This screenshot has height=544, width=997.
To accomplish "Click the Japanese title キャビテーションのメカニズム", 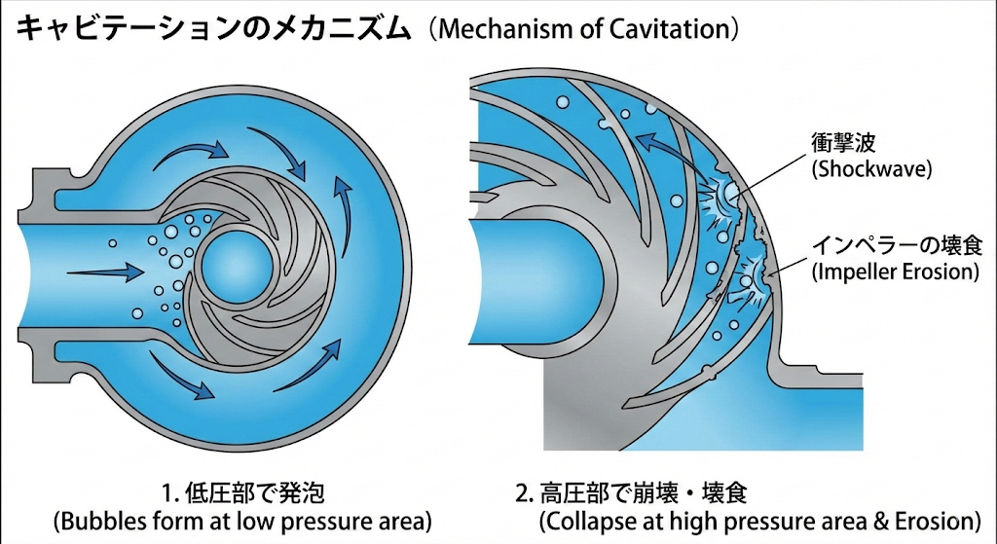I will click(215, 29).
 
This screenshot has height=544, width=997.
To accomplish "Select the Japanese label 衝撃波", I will click(842, 143).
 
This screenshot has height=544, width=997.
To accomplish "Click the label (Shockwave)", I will click(871, 168).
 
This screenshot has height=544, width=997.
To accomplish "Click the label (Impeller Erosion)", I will click(895, 272).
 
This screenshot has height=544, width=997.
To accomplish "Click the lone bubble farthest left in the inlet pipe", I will click(112, 242).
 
